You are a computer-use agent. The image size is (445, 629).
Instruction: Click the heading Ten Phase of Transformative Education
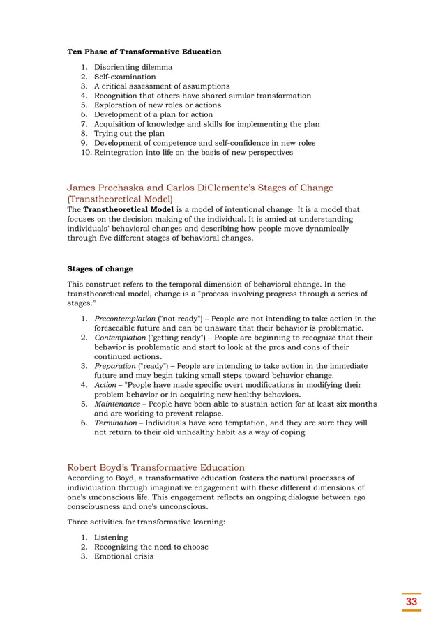pyautogui.click(x=144, y=52)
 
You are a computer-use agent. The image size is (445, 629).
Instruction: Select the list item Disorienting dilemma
pyautogui.click(x=133, y=68)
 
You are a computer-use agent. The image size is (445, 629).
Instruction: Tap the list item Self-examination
pyautogui.click(x=125, y=77)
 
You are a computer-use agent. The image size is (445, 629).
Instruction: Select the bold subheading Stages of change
pyautogui.click(x=99, y=268)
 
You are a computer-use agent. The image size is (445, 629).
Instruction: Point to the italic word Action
pyautogui.click(x=105, y=385)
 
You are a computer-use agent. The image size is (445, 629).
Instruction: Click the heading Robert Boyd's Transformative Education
pyautogui.click(x=156, y=467)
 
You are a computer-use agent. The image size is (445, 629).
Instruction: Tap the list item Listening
pyautogui.click(x=111, y=538)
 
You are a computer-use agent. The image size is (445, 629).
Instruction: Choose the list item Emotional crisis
pyautogui.click(x=123, y=556)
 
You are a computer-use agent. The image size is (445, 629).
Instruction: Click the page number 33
pyautogui.click(x=412, y=601)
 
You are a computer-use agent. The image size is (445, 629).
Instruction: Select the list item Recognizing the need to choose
pyautogui.click(x=151, y=547)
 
